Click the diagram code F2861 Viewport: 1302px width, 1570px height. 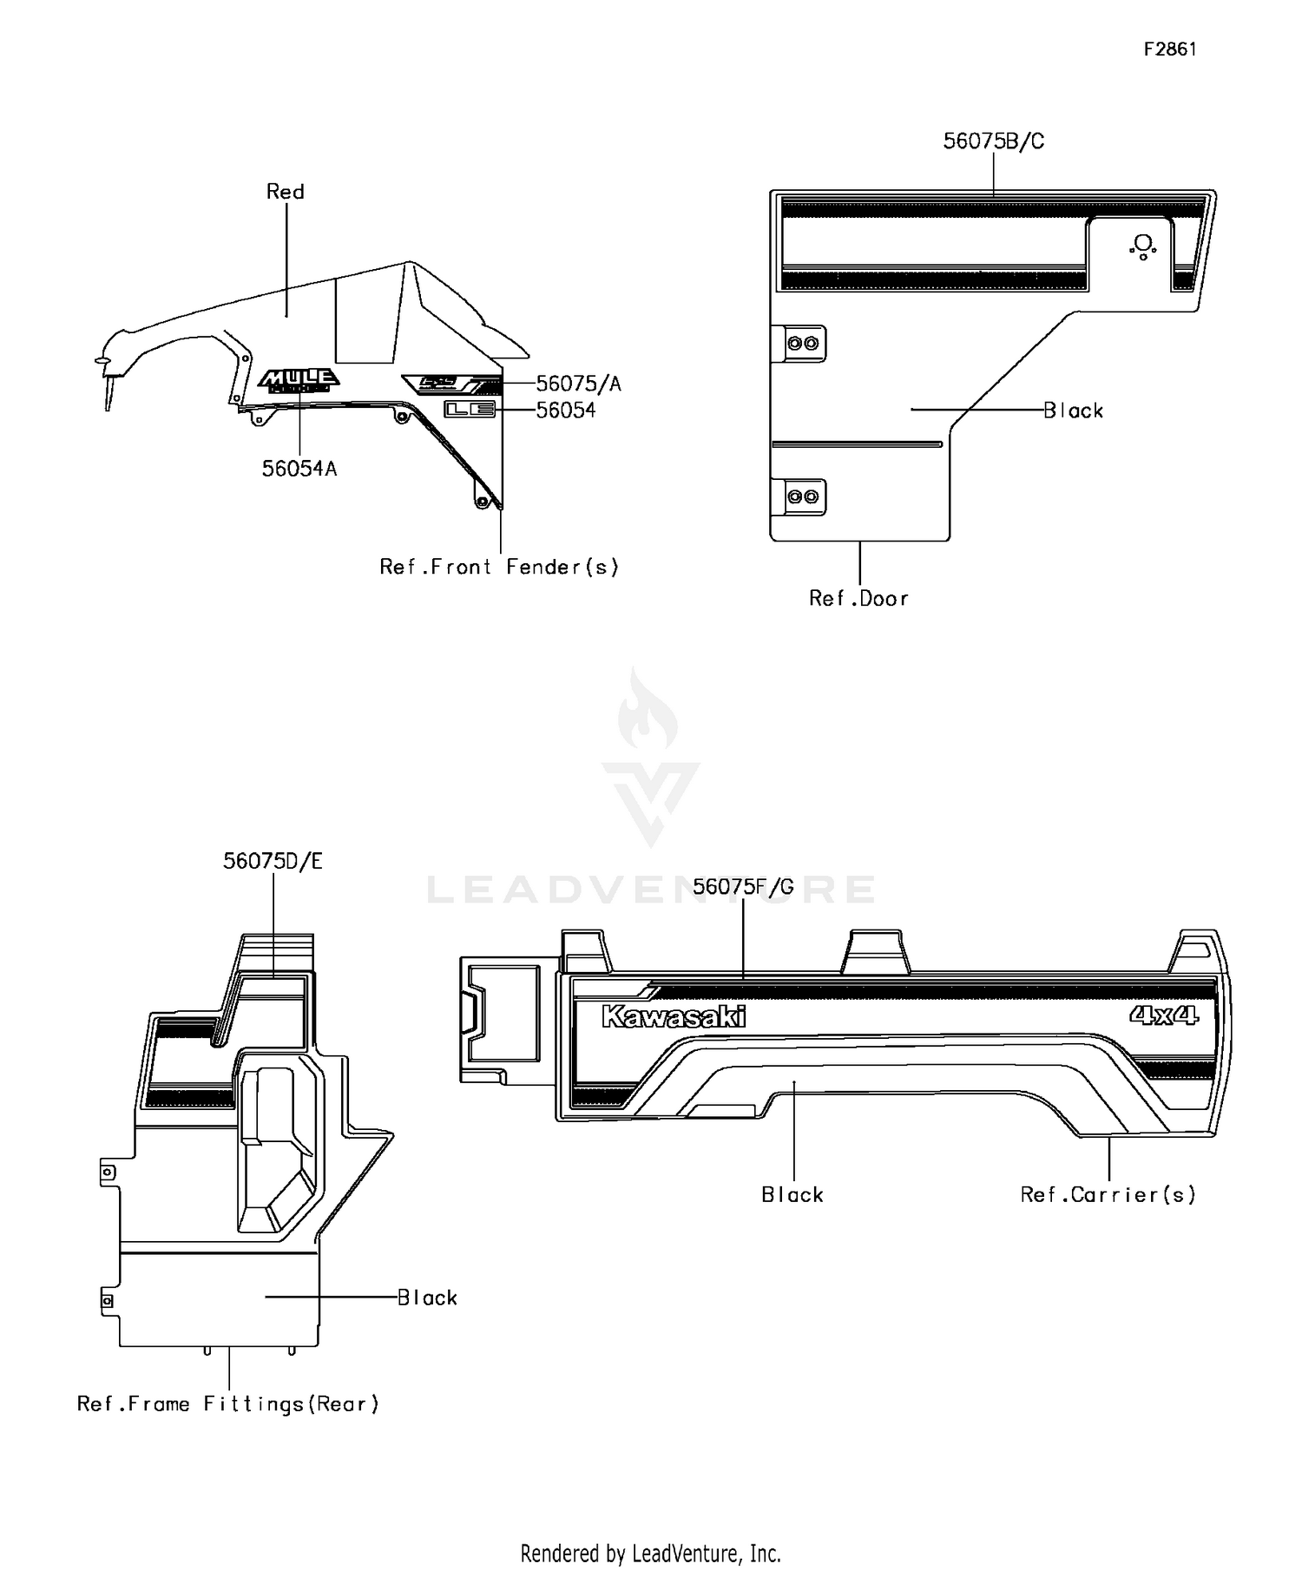[x=1169, y=49]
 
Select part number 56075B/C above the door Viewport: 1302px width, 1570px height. [x=993, y=141]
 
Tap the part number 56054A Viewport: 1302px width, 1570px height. [x=299, y=469]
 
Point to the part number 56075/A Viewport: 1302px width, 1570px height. [x=578, y=384]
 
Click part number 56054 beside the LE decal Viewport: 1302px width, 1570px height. [x=566, y=411]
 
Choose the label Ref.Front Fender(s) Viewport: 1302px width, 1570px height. [x=499, y=568]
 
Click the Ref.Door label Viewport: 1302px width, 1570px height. [x=858, y=599]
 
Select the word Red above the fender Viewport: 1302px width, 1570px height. [x=285, y=192]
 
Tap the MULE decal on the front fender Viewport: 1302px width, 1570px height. [x=299, y=379]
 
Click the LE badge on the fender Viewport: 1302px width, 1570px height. [x=470, y=410]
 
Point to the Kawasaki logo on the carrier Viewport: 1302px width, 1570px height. [x=674, y=1016]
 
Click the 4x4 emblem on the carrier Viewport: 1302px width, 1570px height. [x=1164, y=1015]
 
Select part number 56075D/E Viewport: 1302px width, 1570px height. [x=273, y=862]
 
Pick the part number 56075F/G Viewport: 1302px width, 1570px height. [x=743, y=887]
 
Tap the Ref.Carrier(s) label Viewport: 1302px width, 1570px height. [x=1108, y=1195]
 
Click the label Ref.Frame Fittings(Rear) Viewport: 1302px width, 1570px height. [x=228, y=1404]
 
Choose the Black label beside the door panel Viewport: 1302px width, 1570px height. [x=1073, y=411]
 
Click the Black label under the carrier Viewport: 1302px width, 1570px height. [x=792, y=1195]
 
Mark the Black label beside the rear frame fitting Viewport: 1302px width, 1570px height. [x=427, y=1298]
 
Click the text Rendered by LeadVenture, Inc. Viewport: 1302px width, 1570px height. [x=650, y=1553]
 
